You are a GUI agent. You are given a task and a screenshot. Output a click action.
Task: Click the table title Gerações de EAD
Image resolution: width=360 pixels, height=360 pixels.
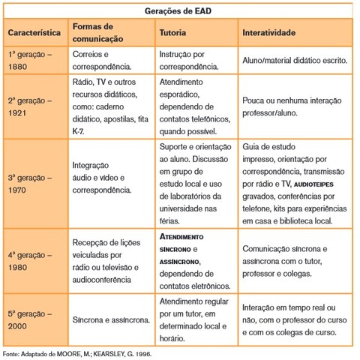(180, 11)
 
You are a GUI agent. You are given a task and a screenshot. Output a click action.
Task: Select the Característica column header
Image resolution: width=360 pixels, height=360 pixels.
(34, 34)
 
